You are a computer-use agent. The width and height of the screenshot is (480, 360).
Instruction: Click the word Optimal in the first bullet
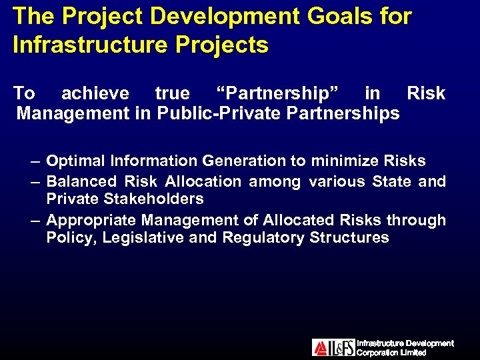(x=76, y=161)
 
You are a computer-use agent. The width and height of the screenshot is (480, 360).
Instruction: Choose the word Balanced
(x=83, y=181)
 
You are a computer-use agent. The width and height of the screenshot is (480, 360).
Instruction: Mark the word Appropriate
(x=90, y=220)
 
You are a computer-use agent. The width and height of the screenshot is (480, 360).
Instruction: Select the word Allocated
(x=299, y=220)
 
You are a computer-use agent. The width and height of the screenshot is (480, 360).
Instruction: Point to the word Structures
(x=349, y=238)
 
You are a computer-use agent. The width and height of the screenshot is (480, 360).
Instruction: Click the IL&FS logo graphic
(x=333, y=347)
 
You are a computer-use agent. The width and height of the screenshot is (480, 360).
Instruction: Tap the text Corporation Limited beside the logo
(x=392, y=353)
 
